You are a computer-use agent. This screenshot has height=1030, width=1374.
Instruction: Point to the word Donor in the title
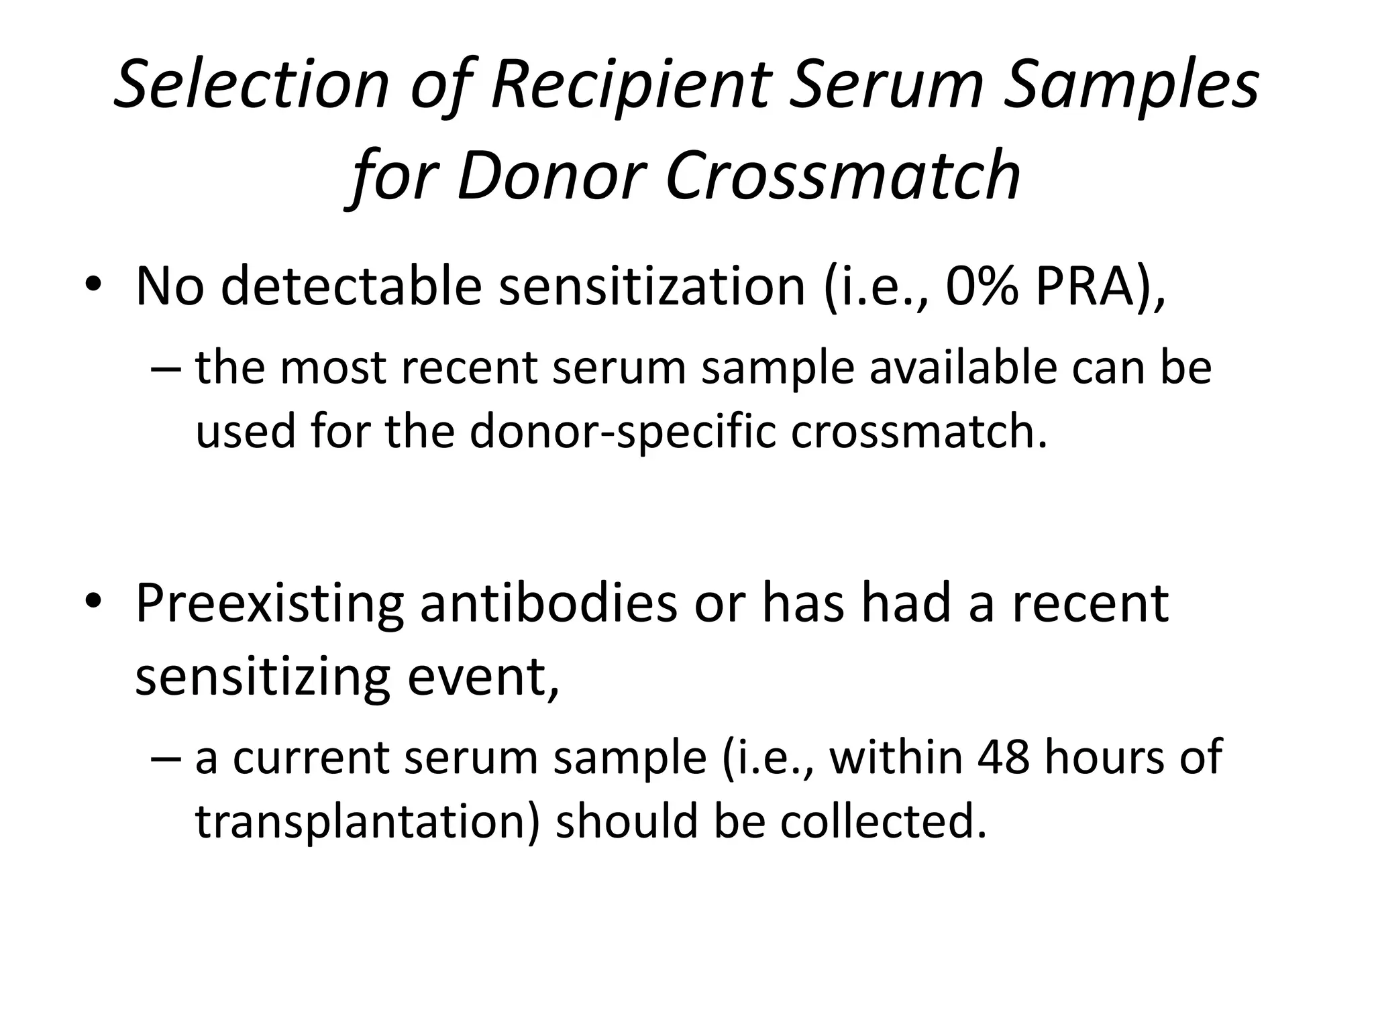pyautogui.click(x=551, y=176)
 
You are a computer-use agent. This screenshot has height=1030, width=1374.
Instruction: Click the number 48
pyautogui.click(x=1003, y=757)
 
